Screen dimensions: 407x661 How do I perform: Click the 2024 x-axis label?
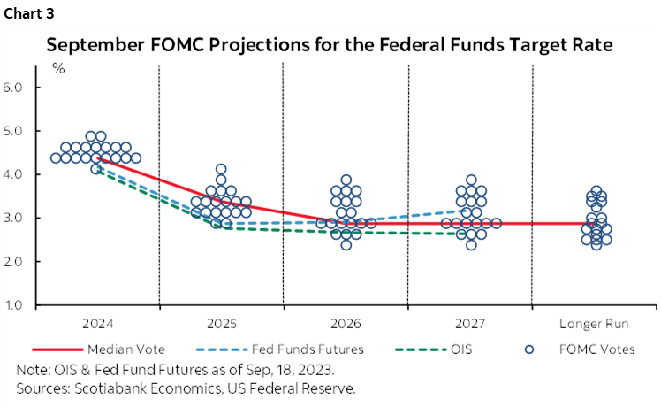(x=96, y=324)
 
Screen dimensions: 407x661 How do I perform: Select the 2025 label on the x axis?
(x=221, y=324)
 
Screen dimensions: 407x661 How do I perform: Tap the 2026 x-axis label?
(x=346, y=324)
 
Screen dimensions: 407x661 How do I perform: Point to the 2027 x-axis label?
(x=469, y=324)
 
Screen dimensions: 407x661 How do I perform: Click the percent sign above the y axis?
(x=58, y=69)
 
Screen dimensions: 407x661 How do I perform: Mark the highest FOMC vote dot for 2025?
(x=221, y=169)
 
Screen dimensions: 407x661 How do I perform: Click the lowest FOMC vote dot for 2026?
(x=346, y=245)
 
